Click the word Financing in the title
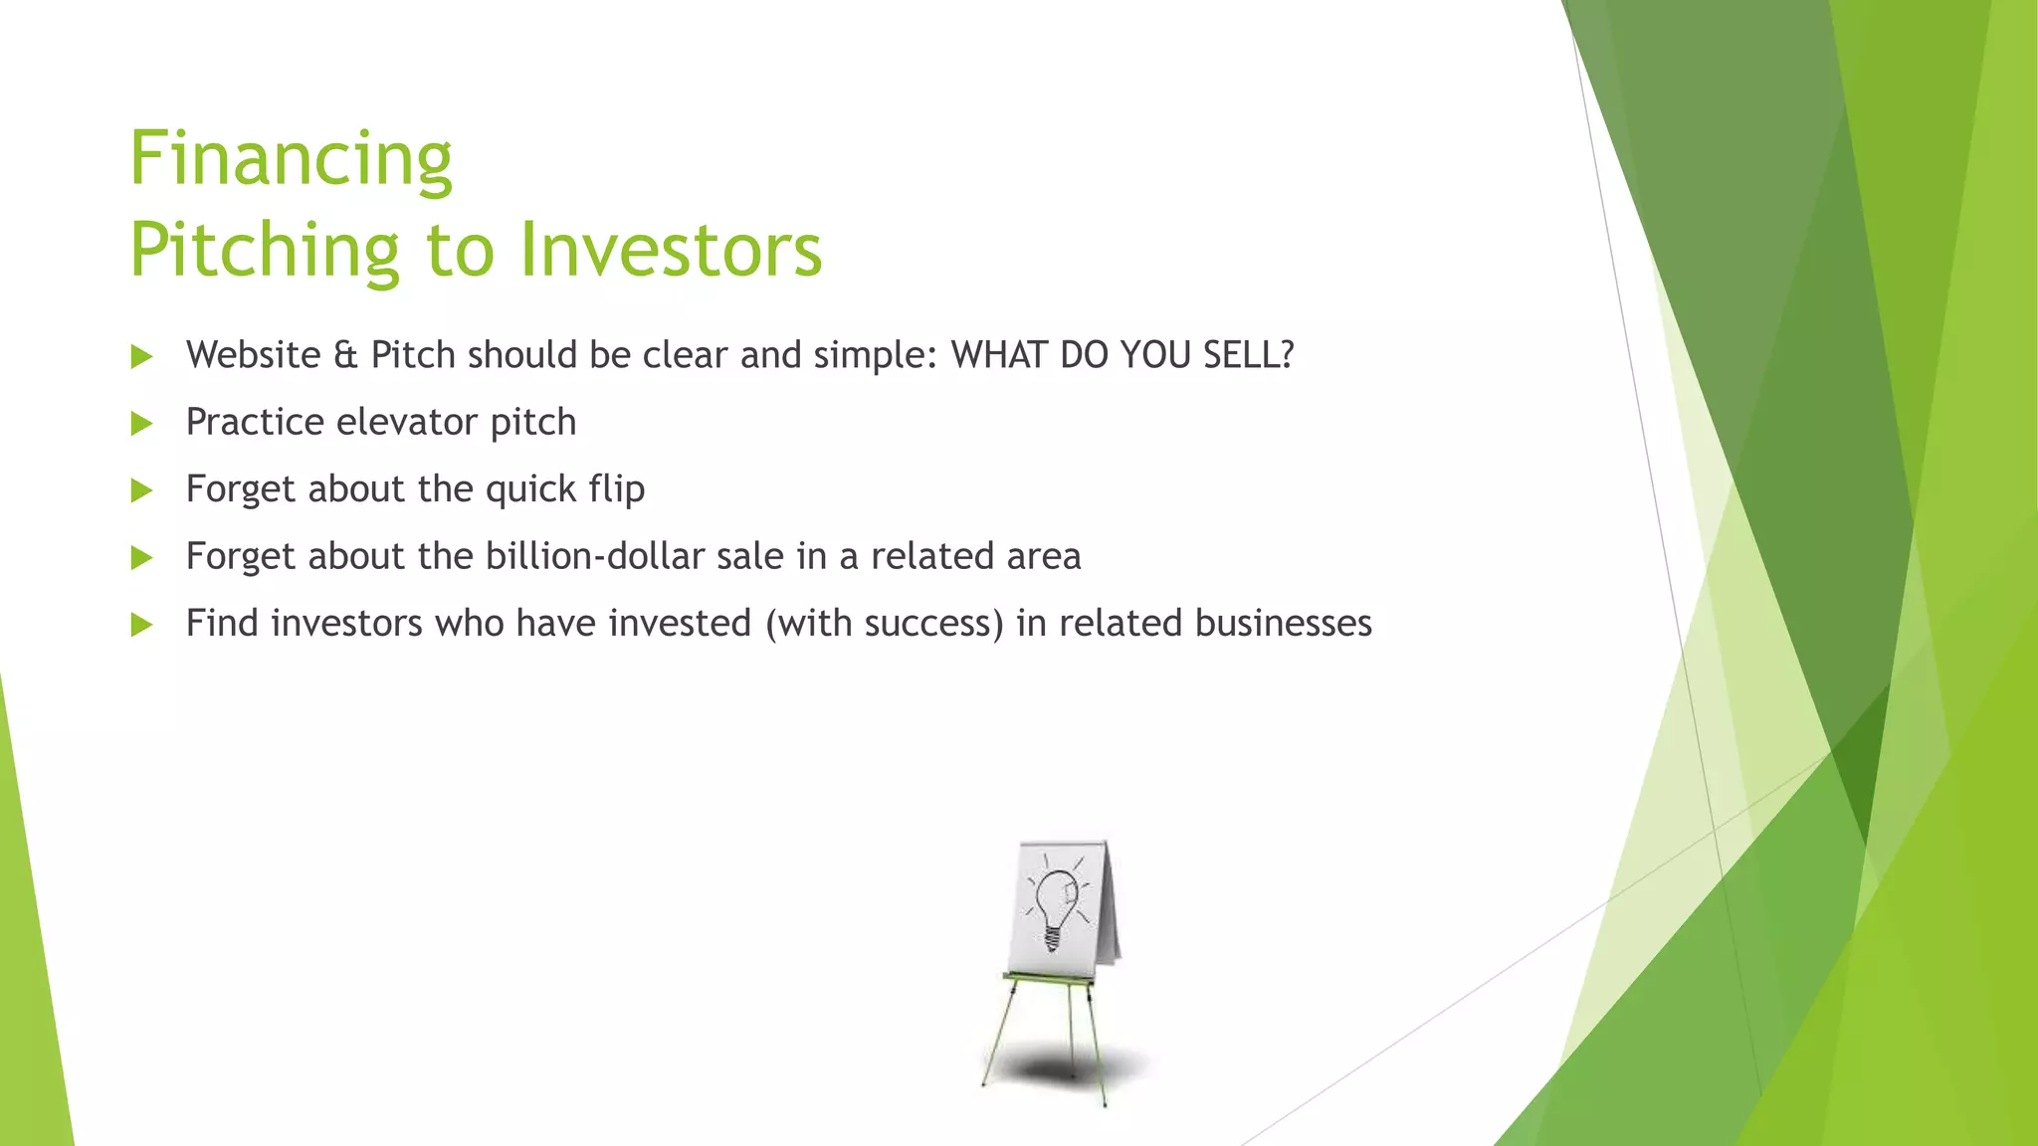(x=291, y=159)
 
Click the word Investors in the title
(x=671, y=250)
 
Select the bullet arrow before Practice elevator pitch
(x=142, y=424)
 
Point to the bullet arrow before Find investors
(x=142, y=625)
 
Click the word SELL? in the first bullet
(x=1248, y=355)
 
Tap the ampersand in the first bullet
(x=345, y=355)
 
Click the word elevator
(x=407, y=422)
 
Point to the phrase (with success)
(x=885, y=624)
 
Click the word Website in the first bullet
(x=253, y=355)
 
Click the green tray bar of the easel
(x=1048, y=979)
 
